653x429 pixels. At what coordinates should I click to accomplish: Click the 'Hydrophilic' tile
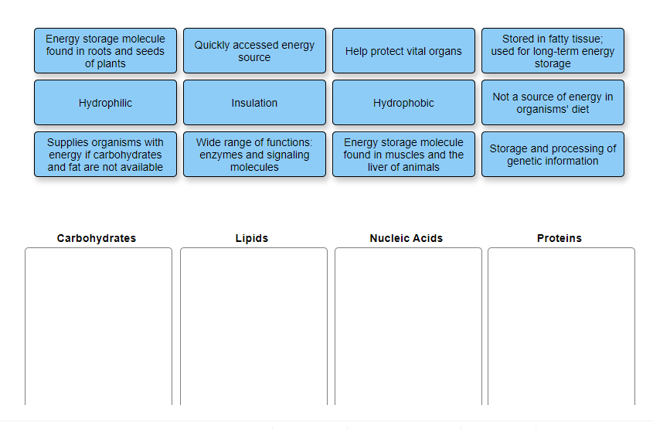105,103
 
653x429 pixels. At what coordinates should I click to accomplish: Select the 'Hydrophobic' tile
403,103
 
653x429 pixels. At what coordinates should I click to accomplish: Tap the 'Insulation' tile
254,103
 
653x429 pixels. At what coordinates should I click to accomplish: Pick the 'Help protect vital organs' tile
403,51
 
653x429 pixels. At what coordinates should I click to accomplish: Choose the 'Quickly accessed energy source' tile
254,51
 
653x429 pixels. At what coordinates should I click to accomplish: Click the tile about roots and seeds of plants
105,51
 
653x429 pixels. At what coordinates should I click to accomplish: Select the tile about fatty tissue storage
553,51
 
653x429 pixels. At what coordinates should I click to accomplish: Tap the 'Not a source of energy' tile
553,103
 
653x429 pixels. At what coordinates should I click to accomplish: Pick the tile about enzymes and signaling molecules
254,155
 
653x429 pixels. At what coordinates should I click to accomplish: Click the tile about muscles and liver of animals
403,155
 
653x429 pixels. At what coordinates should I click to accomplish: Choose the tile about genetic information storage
553,155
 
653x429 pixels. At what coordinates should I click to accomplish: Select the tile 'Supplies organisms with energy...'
105,155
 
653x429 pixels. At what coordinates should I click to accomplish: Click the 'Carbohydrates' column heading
97,238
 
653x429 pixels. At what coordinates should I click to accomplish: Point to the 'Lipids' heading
252,238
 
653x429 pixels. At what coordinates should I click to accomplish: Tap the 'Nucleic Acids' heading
406,238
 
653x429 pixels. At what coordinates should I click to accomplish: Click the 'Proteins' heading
559,238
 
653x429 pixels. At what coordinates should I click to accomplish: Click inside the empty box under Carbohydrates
98,325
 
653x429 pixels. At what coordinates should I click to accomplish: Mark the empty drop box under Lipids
253,325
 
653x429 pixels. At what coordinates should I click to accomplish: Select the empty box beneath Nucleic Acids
408,325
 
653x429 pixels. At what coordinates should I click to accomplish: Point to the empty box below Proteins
561,325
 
